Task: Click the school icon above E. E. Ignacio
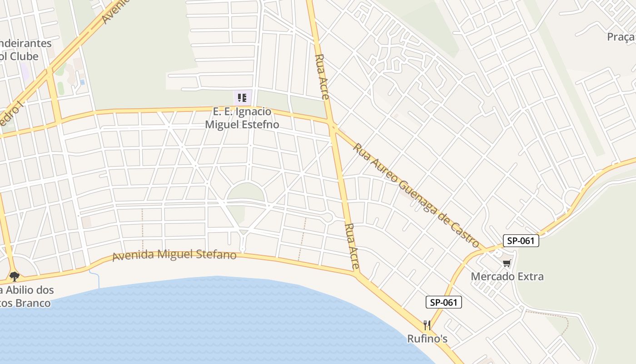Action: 242,97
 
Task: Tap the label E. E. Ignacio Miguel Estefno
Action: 242,118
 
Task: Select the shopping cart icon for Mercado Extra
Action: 507,263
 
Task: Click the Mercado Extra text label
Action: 507,276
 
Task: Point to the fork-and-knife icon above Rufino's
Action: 427,325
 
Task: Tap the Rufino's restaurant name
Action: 427,339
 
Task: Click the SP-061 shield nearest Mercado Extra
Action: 521,241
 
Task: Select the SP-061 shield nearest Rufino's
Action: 444,302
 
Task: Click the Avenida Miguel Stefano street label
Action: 174,255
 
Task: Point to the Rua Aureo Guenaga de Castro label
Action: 416,196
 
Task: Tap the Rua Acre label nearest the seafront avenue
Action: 352,246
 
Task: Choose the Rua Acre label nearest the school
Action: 322,77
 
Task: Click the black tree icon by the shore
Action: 15,276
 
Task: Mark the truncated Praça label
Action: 621,37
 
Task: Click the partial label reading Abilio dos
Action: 27,290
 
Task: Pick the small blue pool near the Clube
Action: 82,82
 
